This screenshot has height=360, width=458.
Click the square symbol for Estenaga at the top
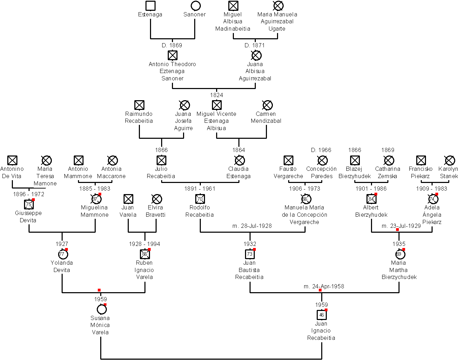click(150, 6)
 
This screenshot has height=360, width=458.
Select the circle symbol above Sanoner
click(196, 6)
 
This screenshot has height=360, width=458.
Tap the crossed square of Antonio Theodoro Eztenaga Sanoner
click(172, 55)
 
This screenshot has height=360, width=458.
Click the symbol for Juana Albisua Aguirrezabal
click(256, 55)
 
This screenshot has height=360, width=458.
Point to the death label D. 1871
click(254, 45)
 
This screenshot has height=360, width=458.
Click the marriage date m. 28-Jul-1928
click(252, 226)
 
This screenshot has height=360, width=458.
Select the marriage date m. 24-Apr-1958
click(324, 286)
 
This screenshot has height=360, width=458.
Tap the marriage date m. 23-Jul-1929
click(401, 226)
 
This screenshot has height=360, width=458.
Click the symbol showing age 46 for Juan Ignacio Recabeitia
click(322, 315)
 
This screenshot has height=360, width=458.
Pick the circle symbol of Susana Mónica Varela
click(101, 309)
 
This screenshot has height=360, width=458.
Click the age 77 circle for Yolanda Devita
click(62, 254)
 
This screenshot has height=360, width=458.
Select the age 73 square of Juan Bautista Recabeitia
click(250, 254)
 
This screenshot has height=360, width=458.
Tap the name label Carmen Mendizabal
click(266, 117)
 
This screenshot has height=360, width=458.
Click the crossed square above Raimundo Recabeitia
click(139, 105)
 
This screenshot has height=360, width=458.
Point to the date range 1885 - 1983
click(95, 189)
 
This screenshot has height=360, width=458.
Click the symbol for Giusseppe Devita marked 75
click(29, 204)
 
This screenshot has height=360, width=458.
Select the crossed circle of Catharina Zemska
click(388, 160)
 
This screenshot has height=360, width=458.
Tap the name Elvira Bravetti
click(156, 211)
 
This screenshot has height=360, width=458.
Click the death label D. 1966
click(321, 150)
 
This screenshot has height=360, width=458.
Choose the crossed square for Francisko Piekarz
click(421, 160)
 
